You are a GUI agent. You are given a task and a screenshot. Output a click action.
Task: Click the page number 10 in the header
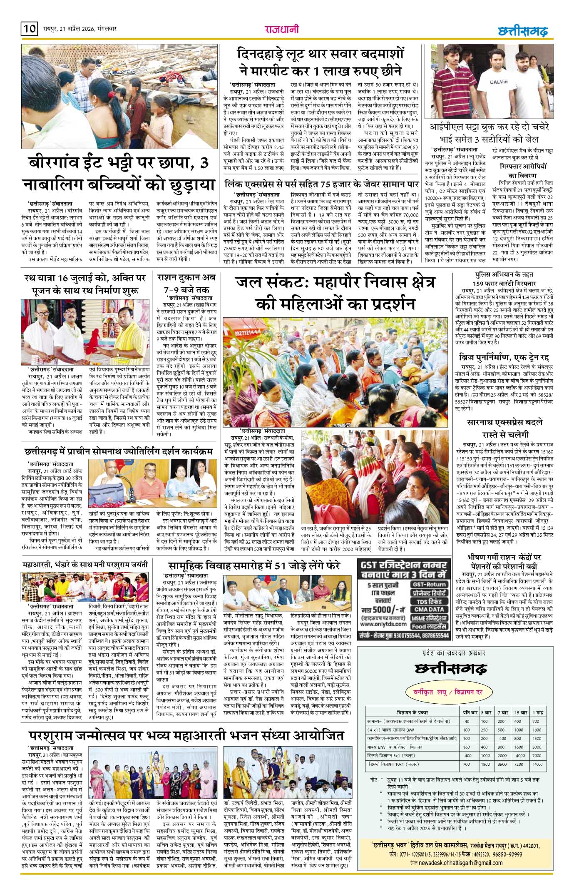[x=29, y=30]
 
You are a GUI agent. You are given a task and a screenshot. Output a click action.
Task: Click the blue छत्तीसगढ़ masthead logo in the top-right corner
[x=523, y=31]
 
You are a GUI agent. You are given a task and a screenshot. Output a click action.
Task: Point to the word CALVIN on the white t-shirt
[x=498, y=82]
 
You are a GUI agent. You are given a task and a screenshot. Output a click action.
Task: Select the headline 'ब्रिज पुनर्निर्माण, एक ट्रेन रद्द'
[x=503, y=358]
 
